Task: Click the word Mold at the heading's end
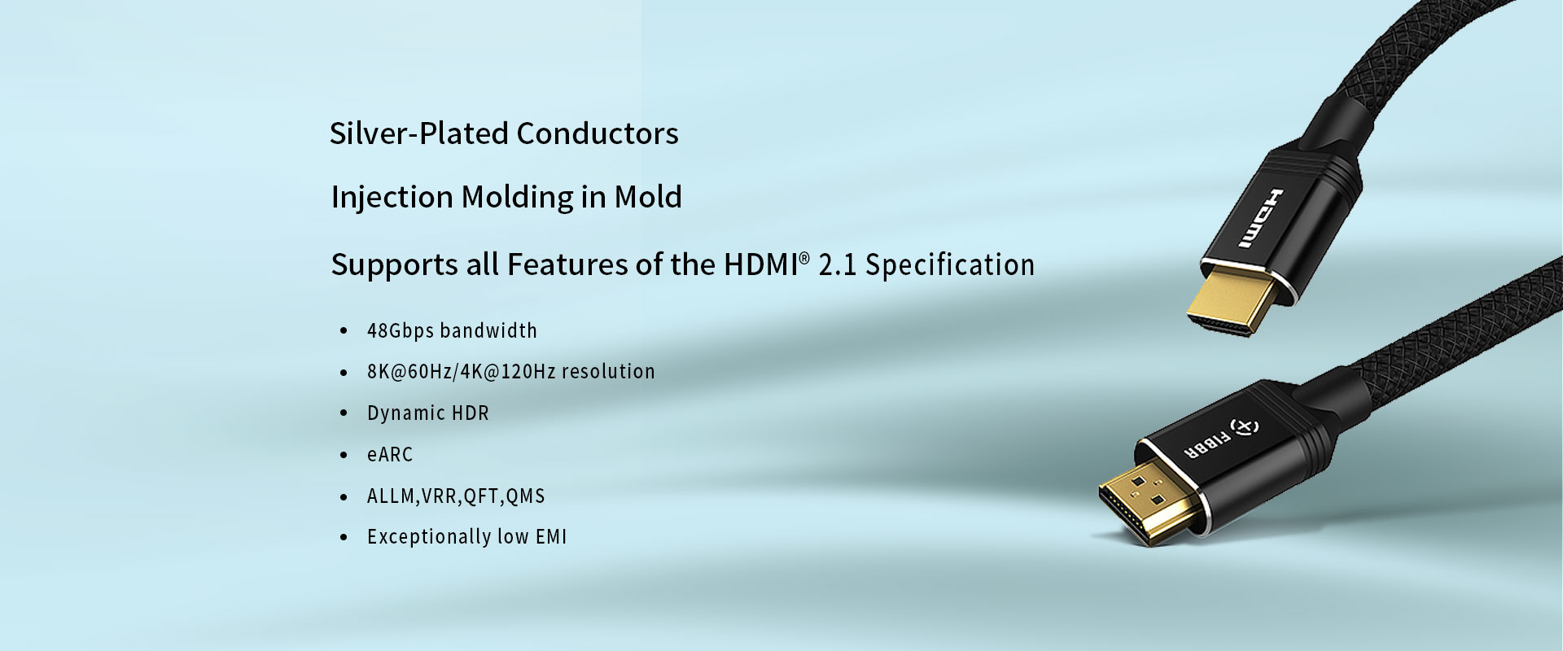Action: pyautogui.click(x=648, y=197)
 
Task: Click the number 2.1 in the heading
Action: pyautogui.click(x=837, y=265)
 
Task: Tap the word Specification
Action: pyautogui.click(x=950, y=265)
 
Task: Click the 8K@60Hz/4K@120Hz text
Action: pyautogui.click(x=461, y=371)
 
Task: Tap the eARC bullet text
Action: pyautogui.click(x=390, y=454)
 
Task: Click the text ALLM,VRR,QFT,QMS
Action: pyautogui.click(x=456, y=496)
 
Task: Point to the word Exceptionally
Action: pyautogui.click(x=429, y=537)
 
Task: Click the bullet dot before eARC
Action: pyautogui.click(x=344, y=455)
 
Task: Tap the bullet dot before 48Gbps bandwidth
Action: pyautogui.click(x=344, y=331)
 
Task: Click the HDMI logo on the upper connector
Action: pyautogui.click(x=1254, y=218)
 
